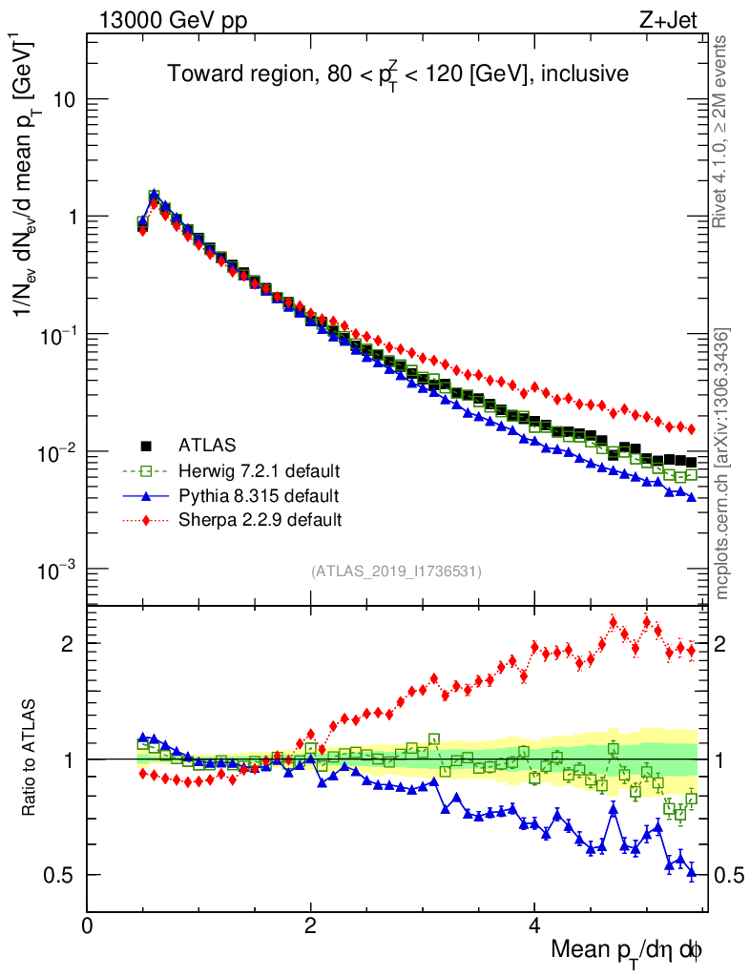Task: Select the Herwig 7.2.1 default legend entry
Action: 259,470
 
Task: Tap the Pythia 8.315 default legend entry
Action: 259,495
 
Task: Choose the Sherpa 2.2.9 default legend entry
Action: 260,520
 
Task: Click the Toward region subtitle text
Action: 398,73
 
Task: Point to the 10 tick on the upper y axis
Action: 63,99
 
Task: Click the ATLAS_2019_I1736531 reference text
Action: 396,572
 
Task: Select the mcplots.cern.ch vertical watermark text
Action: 723,464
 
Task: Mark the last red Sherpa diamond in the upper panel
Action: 692,429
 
